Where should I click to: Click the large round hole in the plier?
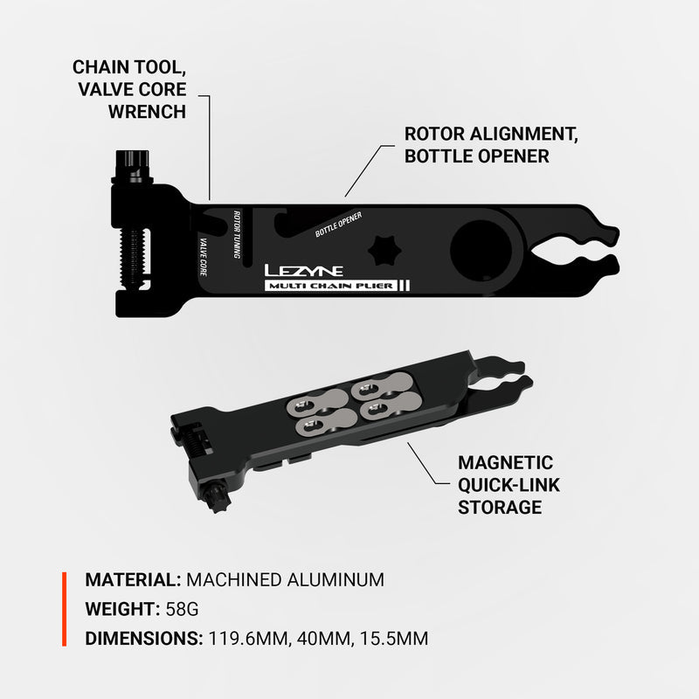point(479,248)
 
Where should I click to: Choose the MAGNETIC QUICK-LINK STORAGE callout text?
point(505,485)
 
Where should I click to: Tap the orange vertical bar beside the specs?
point(64,609)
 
